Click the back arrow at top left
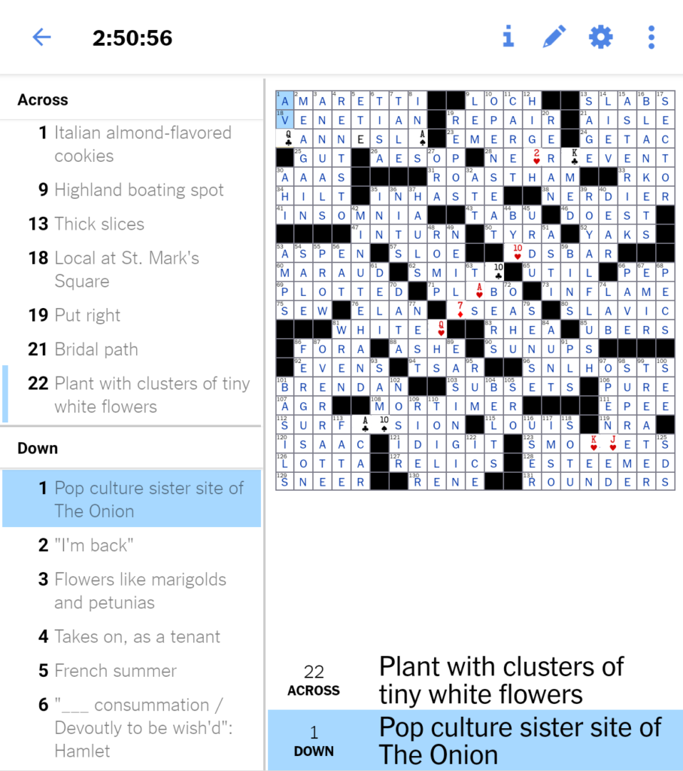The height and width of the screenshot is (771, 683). [x=41, y=37]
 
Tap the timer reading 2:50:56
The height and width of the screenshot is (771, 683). [x=132, y=38]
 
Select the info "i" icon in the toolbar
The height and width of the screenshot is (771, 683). [x=508, y=36]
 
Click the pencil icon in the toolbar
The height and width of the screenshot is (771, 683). [x=554, y=36]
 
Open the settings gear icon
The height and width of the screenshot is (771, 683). [x=600, y=36]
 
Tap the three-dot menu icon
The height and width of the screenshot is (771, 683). [x=651, y=36]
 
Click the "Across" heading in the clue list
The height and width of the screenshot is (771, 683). [x=43, y=100]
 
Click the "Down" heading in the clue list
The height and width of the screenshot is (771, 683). [x=38, y=448]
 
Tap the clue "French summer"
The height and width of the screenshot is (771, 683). [x=114, y=671]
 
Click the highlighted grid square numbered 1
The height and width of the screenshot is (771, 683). [x=285, y=101]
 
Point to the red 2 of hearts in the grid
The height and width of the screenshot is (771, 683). [x=532, y=158]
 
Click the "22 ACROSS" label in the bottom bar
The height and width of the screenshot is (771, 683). [x=314, y=679]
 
